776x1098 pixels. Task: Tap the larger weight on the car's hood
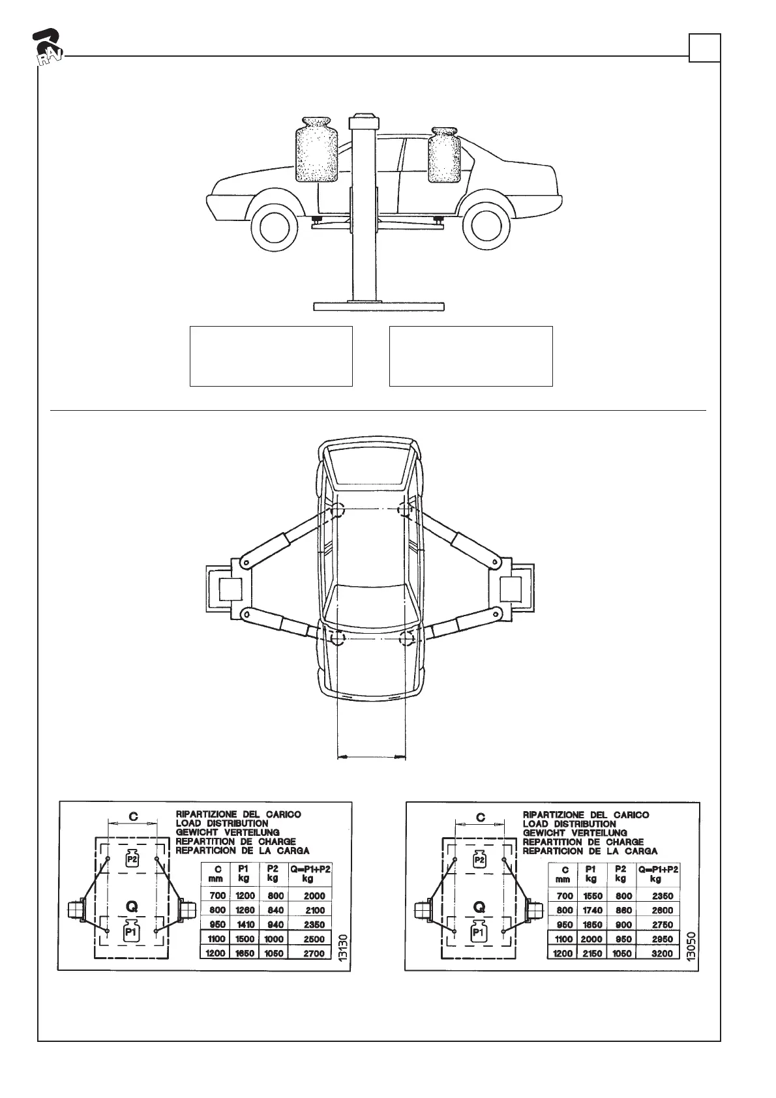tap(316, 149)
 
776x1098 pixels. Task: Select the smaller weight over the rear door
tap(443, 155)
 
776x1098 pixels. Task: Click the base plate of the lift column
tap(379, 306)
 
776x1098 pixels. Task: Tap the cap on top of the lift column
tap(364, 120)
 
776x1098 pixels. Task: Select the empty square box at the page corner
tap(704, 48)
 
